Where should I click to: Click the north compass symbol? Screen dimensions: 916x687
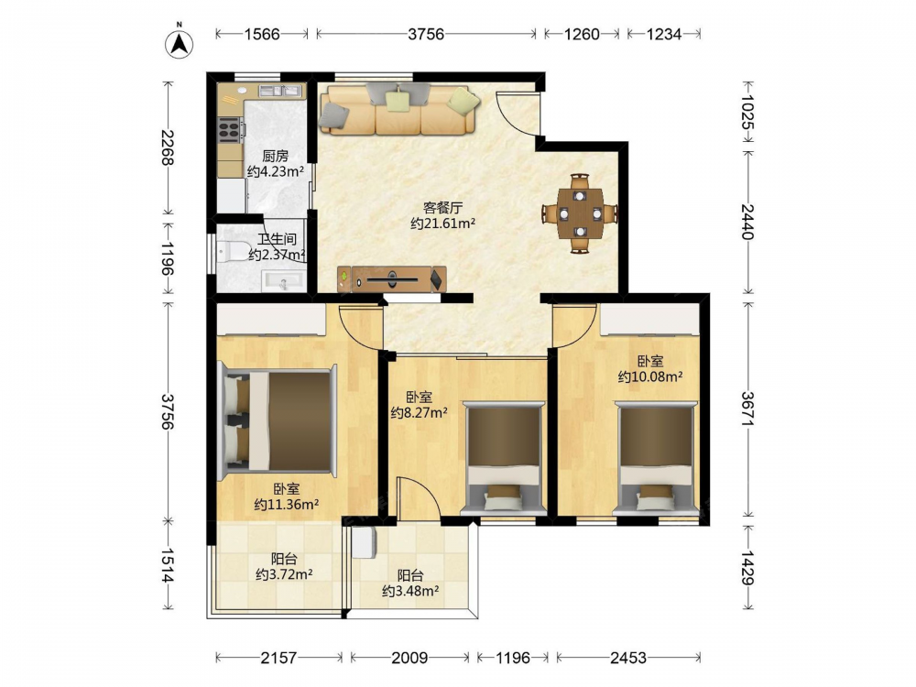[180, 41]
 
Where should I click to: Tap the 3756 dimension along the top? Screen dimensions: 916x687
[426, 34]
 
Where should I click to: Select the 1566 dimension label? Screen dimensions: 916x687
[262, 34]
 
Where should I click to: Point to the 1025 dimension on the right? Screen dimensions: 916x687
[747, 112]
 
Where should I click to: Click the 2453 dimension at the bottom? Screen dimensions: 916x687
[628, 658]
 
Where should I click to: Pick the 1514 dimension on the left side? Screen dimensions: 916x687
[169, 565]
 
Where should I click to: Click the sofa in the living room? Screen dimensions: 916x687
[399, 109]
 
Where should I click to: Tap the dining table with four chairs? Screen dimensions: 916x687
[580, 213]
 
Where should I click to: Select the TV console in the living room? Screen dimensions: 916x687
[391, 278]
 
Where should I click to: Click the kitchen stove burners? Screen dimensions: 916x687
[230, 130]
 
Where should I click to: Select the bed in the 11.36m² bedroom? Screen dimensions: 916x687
[278, 420]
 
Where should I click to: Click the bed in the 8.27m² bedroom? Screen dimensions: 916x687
[503, 458]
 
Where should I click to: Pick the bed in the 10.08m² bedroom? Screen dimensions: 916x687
[656, 458]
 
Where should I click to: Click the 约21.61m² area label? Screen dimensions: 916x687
[442, 224]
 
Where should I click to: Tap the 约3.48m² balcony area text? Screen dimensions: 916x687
[410, 591]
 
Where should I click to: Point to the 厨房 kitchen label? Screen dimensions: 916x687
[275, 156]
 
